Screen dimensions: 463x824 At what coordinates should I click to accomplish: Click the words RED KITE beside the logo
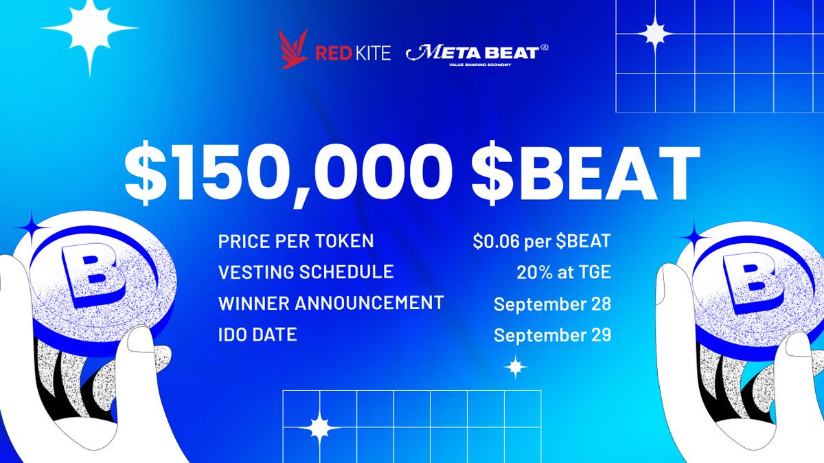(353, 53)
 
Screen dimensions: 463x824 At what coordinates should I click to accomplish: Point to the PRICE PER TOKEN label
(296, 242)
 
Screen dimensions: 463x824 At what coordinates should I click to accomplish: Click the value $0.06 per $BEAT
(542, 242)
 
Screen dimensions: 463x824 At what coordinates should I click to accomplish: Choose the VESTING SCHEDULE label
(306, 271)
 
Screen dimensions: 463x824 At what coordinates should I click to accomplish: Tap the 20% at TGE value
(563, 272)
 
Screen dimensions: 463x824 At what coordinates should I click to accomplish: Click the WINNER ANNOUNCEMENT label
(330, 302)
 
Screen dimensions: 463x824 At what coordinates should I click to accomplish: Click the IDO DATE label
(257, 335)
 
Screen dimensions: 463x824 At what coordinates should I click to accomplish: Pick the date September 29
(552, 336)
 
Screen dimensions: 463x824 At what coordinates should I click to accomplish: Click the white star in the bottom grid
(319, 428)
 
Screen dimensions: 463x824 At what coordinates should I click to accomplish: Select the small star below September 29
(515, 367)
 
